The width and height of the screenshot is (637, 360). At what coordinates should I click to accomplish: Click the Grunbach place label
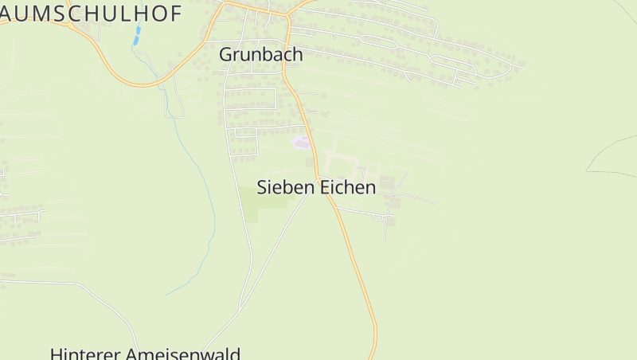click(261, 55)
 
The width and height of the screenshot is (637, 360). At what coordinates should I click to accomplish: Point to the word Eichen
click(347, 188)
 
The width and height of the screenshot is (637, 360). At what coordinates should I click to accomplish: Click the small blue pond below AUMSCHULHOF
click(138, 33)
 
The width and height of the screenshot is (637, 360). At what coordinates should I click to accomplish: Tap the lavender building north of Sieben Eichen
click(301, 143)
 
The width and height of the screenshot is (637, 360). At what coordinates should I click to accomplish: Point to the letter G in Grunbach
click(226, 55)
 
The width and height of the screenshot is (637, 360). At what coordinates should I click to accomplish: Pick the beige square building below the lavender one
click(310, 162)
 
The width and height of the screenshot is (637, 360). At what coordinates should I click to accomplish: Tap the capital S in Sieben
click(262, 188)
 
